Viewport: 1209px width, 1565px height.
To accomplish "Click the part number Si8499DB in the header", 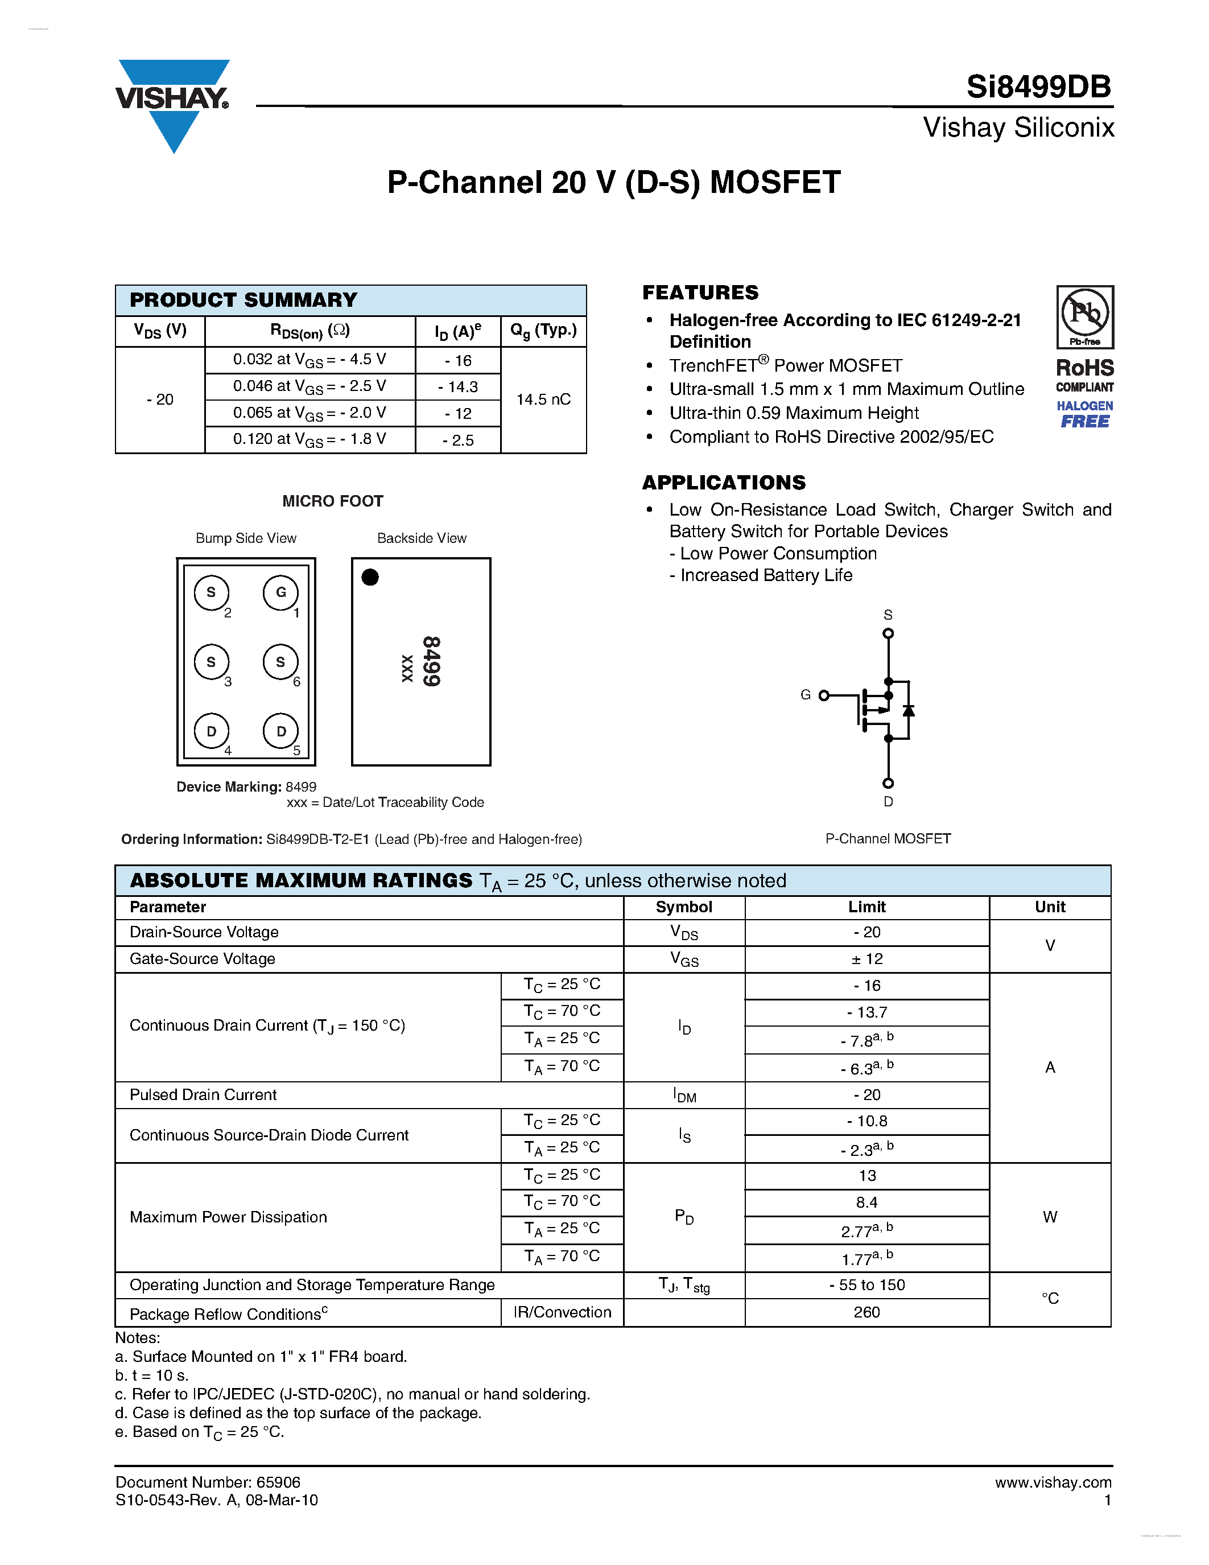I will click(x=1038, y=87).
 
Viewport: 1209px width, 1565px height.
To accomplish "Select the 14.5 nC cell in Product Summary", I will click(x=543, y=399).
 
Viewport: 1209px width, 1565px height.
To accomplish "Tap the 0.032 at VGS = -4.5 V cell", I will click(x=310, y=360).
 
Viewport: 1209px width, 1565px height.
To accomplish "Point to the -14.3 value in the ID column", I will click(x=457, y=387).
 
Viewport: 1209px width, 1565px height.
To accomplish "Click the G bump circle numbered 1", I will click(x=280, y=592).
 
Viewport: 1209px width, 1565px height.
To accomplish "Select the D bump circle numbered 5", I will click(x=280, y=731).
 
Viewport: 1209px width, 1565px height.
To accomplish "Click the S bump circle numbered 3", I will click(x=211, y=661).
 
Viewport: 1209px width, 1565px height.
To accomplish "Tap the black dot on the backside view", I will click(x=370, y=577).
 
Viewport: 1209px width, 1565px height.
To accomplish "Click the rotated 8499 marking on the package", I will click(x=431, y=661).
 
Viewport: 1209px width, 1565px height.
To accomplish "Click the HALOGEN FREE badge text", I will click(x=1084, y=414).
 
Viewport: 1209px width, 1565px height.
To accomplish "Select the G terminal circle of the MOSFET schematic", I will click(x=824, y=695).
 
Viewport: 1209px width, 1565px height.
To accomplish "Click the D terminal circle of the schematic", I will click(x=888, y=783).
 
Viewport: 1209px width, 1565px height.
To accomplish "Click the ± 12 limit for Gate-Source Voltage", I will click(x=866, y=959).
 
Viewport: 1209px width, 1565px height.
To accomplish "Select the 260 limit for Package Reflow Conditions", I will click(x=866, y=1312).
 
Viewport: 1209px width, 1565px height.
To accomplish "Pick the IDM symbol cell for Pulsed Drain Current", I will click(x=684, y=1094).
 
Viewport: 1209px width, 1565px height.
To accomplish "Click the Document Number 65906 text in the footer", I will click(x=208, y=1482).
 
